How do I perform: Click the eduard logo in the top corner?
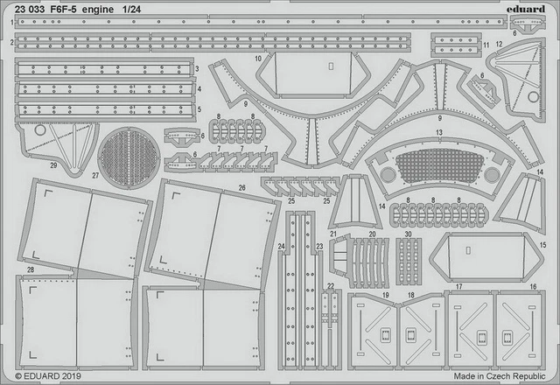[525, 9]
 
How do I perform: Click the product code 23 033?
[30, 10]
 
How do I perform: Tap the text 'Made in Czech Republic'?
[500, 376]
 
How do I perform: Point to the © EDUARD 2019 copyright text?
[48, 376]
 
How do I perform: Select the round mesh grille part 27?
[129, 158]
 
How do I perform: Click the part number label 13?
[439, 132]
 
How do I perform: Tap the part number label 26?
[242, 188]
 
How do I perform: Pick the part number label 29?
[53, 165]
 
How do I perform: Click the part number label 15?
[542, 245]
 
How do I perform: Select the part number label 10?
[258, 59]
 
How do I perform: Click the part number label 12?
[500, 45]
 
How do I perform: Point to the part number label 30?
[409, 234]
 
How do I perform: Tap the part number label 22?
[331, 286]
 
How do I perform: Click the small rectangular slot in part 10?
[331, 66]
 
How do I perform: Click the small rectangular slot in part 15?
[468, 250]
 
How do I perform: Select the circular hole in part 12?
[533, 97]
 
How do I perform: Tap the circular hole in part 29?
[40, 130]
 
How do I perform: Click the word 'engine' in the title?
[98, 10]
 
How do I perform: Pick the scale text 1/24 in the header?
[131, 10]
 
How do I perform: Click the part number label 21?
[333, 234]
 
